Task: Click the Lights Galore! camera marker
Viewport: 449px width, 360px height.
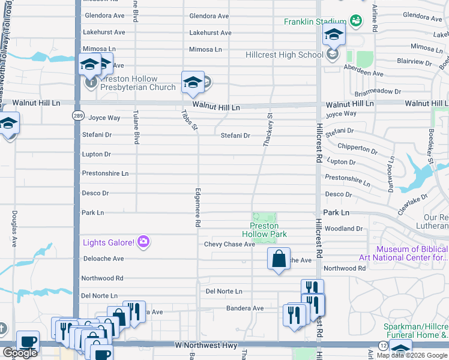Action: tap(143, 242)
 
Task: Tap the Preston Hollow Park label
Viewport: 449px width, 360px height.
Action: tap(264, 230)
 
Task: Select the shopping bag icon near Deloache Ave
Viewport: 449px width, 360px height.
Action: tap(279, 259)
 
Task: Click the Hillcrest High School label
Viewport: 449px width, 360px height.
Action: tap(285, 55)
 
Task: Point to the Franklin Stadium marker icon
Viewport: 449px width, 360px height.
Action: tap(355, 22)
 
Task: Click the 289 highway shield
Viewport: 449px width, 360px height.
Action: tap(78, 115)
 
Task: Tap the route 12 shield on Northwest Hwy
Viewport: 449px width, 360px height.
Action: tap(383, 346)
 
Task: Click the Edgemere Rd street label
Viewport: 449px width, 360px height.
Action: tap(197, 208)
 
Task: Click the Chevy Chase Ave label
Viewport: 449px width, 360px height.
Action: tap(229, 244)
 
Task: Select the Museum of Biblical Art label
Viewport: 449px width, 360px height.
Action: tap(411, 254)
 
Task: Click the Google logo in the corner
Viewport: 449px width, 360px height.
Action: tap(20, 353)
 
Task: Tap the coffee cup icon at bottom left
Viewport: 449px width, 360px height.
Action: tap(28, 342)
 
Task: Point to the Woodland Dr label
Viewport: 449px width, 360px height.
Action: tap(343, 229)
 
